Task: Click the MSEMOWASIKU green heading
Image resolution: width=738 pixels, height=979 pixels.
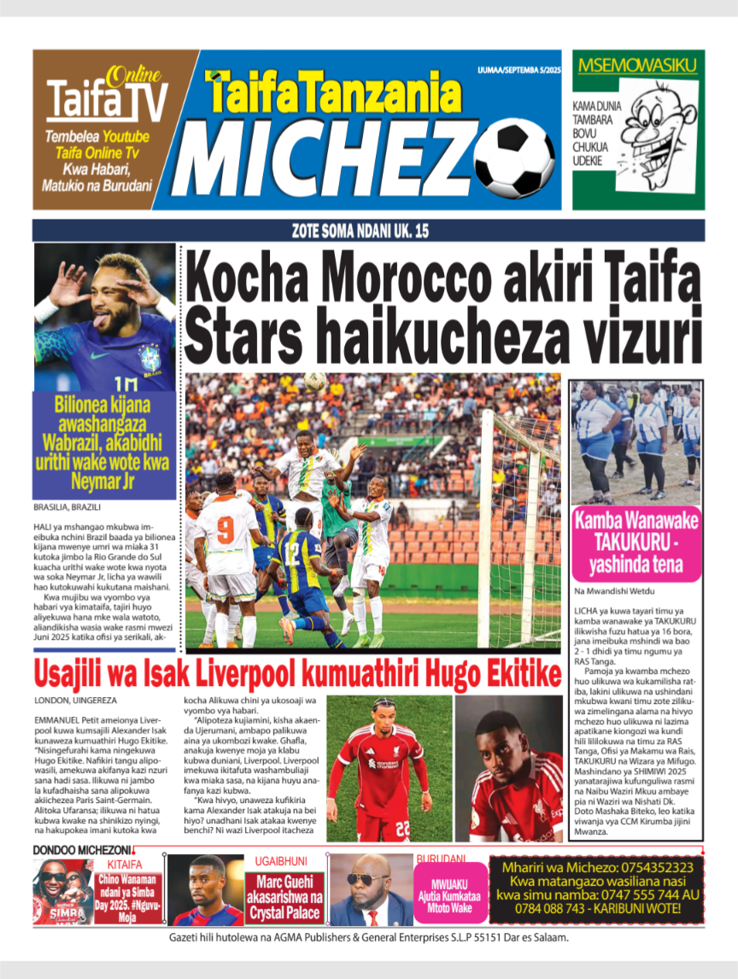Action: (638, 64)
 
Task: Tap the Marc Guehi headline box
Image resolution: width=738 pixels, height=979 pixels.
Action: (285, 897)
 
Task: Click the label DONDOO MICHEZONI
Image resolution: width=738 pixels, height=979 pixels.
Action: (82, 850)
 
